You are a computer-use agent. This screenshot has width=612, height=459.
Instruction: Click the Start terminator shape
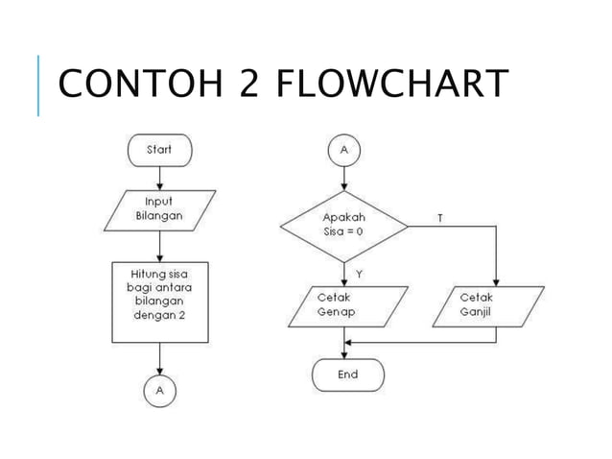pyautogui.click(x=159, y=149)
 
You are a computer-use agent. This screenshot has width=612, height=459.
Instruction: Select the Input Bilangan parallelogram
pyautogui.click(x=158, y=209)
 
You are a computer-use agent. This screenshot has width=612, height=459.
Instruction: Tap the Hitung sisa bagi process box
pyautogui.click(x=158, y=301)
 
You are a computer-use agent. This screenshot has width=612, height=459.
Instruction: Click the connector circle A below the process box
pyautogui.click(x=158, y=391)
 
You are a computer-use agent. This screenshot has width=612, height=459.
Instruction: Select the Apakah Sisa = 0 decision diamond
pyautogui.click(x=343, y=228)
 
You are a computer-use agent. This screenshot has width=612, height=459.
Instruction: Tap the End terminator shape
pyautogui.click(x=347, y=374)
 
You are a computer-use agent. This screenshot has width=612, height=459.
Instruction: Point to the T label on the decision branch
pyautogui.click(x=439, y=218)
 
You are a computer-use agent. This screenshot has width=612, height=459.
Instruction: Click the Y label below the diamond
pyautogui.click(x=358, y=274)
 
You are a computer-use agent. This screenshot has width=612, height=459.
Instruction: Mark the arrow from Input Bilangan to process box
pyautogui.click(x=159, y=244)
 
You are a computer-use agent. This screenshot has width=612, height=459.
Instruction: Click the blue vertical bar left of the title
pyautogui.click(x=38, y=85)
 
